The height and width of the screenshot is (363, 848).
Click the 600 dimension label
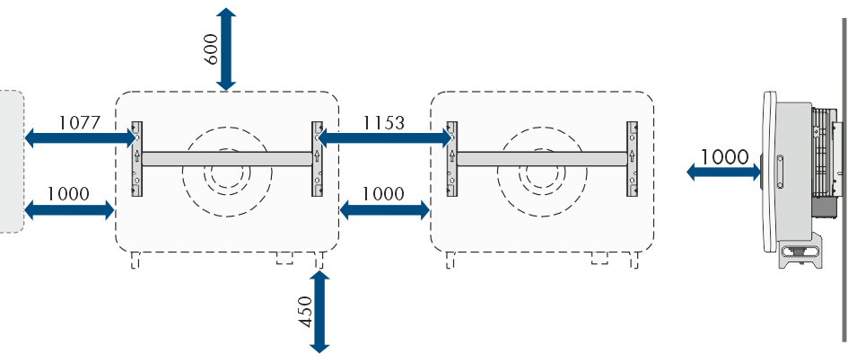(x=212, y=49)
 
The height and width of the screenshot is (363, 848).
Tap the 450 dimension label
(x=306, y=312)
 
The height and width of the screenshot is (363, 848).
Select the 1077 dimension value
(x=80, y=123)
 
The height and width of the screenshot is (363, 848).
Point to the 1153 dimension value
(x=383, y=123)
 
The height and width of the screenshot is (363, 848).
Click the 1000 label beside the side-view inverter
(x=725, y=157)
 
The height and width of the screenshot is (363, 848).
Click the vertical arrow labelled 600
(x=226, y=49)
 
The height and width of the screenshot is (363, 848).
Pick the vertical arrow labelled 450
(x=319, y=312)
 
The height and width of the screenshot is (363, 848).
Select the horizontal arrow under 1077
(x=80, y=138)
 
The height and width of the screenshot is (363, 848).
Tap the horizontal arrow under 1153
(x=384, y=138)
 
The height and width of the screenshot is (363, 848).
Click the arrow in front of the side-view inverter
(x=723, y=173)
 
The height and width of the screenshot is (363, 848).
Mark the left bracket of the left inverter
(x=136, y=159)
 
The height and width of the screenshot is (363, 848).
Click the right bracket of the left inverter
(x=317, y=159)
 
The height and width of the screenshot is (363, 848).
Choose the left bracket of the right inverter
(x=451, y=159)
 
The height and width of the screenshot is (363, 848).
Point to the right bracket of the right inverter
(x=633, y=159)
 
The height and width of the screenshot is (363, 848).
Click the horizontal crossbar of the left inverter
(x=227, y=158)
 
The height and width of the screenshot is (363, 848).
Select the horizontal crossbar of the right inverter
(x=542, y=158)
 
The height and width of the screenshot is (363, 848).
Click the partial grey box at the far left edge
(x=12, y=162)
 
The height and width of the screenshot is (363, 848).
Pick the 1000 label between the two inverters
(x=383, y=193)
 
